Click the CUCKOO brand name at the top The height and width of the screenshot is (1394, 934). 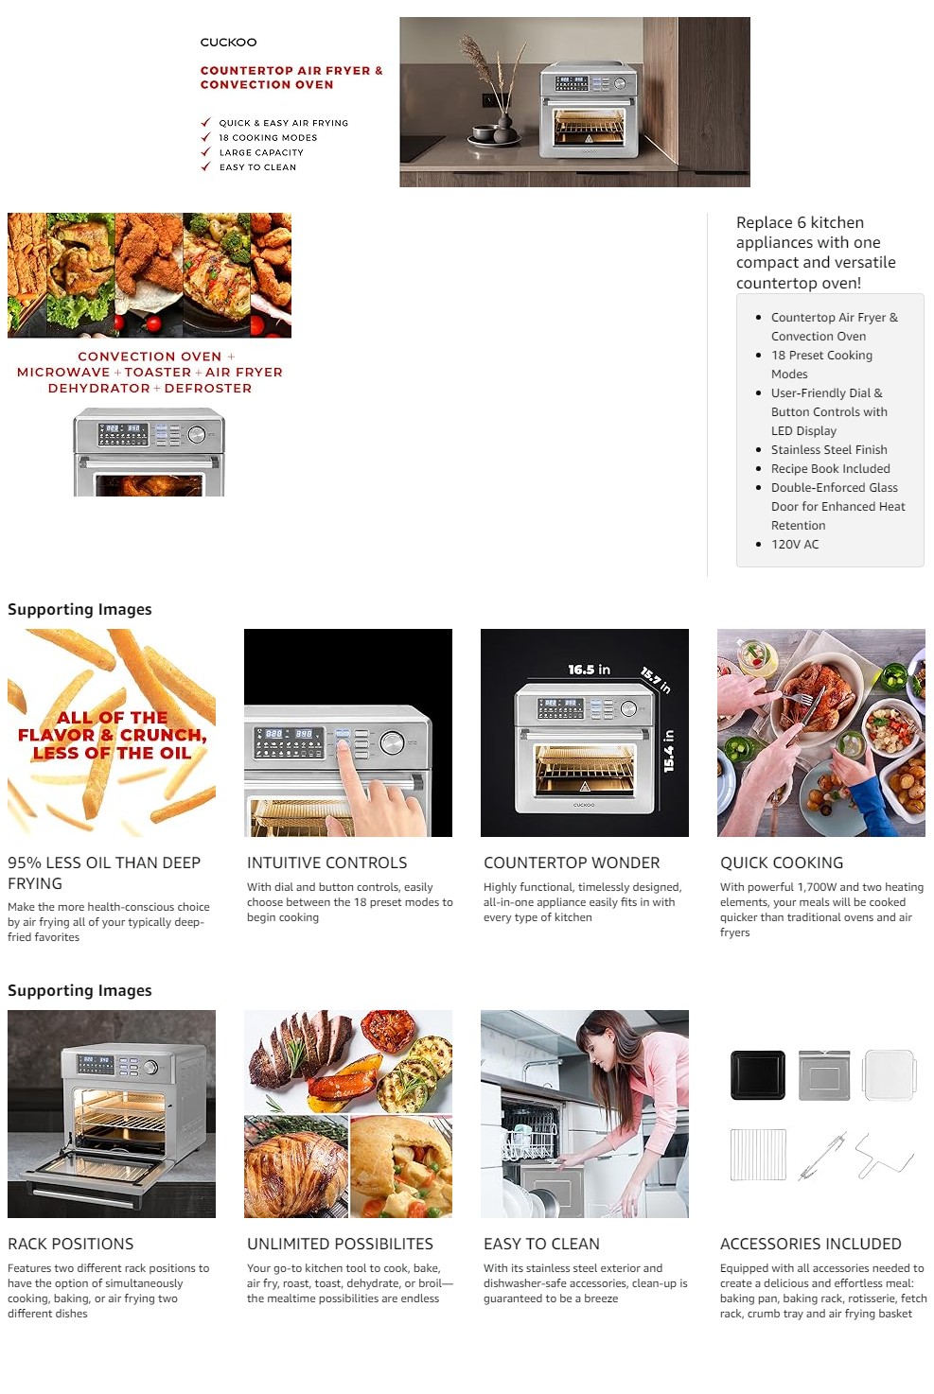[x=228, y=43]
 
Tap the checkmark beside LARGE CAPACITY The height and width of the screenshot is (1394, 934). [x=206, y=152]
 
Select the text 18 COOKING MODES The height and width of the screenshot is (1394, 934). [x=268, y=137]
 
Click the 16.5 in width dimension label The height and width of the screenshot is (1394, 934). [x=589, y=670]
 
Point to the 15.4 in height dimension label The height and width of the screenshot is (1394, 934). [x=669, y=751]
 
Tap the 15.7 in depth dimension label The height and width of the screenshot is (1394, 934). [x=656, y=680]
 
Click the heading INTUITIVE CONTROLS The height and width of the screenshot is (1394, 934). [x=326, y=863]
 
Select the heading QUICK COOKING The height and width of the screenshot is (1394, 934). [x=782, y=863]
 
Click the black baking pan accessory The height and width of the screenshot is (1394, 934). [x=758, y=1074]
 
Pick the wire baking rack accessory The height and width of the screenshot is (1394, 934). [x=758, y=1155]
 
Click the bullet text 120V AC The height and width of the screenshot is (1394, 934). [x=795, y=544]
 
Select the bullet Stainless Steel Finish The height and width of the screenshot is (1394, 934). [x=829, y=449]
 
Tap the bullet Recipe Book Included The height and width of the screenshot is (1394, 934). [x=831, y=469]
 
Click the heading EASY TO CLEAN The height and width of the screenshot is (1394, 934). [x=541, y=1244]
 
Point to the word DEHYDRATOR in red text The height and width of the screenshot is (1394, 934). [x=99, y=389]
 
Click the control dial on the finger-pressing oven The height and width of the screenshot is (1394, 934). [x=392, y=742]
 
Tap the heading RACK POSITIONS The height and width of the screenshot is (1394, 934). [x=70, y=1244]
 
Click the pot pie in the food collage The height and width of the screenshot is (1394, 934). [x=401, y=1166]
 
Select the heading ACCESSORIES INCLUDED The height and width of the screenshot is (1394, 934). [x=811, y=1244]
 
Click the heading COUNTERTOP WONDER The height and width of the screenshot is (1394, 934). [x=572, y=863]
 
